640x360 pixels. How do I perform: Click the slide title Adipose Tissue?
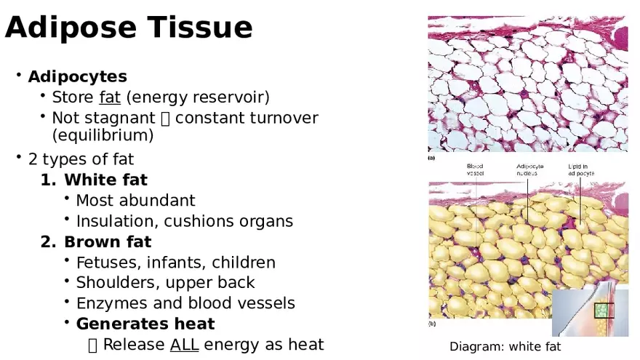pyautogui.click(x=129, y=28)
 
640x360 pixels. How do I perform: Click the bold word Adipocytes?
pyautogui.click(x=77, y=76)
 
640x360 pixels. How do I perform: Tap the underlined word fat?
pyautogui.click(x=110, y=97)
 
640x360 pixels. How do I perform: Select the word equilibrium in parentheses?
pyautogui.click(x=103, y=135)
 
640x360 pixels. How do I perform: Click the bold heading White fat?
pyautogui.click(x=105, y=179)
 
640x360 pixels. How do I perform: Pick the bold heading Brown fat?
pyautogui.click(x=108, y=241)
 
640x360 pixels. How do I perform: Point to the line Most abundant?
pyautogui.click(x=135, y=200)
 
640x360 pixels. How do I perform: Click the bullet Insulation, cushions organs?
pyautogui.click(x=184, y=221)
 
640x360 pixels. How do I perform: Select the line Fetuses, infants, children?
pyautogui.click(x=175, y=263)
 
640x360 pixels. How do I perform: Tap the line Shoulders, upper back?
pyautogui.click(x=165, y=283)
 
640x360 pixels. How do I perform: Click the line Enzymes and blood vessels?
pyautogui.click(x=185, y=303)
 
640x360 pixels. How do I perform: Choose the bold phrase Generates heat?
pyautogui.click(x=145, y=324)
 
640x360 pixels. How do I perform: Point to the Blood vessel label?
pyautogui.click(x=475, y=170)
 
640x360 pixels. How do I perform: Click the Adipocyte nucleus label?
pyautogui.click(x=530, y=170)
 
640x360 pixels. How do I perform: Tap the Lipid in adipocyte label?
pyautogui.click(x=581, y=170)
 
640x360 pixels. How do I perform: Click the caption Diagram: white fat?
pyautogui.click(x=505, y=347)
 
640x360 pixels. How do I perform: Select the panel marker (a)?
pyautogui.click(x=432, y=158)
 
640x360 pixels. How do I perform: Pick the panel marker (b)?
pyautogui.click(x=432, y=323)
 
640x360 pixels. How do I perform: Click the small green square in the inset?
pyautogui.click(x=603, y=310)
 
